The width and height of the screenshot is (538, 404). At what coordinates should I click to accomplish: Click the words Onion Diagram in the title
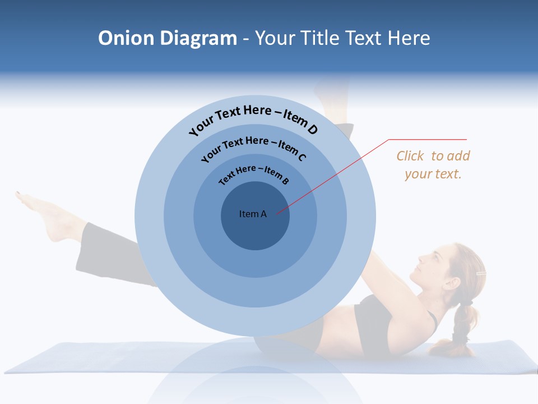[168, 38]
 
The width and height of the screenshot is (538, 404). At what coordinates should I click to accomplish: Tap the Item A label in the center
[253, 214]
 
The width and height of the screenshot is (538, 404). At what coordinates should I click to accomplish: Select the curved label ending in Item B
[254, 174]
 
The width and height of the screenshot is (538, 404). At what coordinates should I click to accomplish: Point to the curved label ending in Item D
[253, 120]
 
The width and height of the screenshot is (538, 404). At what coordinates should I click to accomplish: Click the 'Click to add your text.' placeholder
[433, 165]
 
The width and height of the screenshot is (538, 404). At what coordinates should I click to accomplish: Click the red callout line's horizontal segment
[428, 139]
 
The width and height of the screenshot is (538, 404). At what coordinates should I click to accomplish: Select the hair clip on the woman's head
[481, 273]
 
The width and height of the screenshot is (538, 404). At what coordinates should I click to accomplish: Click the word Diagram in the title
[199, 38]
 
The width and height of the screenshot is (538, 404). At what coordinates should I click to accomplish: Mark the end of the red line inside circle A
[276, 213]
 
